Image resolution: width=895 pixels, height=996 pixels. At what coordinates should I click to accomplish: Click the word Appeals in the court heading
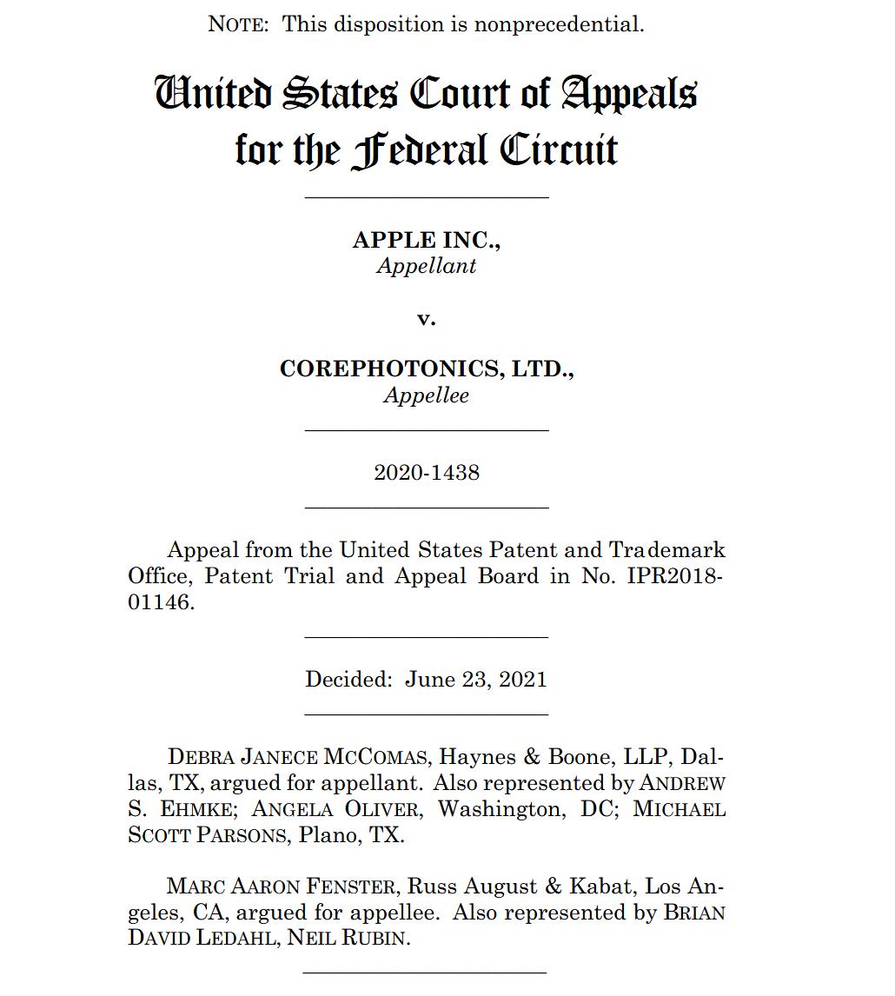628,93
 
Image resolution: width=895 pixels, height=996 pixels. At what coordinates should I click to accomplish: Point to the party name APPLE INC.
426,241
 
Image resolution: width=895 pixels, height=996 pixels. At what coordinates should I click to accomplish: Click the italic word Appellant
426,266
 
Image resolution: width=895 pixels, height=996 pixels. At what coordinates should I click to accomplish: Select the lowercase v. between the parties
426,318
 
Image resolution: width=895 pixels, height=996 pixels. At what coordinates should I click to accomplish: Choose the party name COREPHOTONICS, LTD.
426,369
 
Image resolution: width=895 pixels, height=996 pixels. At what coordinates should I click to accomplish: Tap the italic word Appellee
426,395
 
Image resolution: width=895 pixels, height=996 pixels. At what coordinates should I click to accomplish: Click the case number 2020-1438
426,473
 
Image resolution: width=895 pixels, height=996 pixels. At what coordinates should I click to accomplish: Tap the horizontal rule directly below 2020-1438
426,507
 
